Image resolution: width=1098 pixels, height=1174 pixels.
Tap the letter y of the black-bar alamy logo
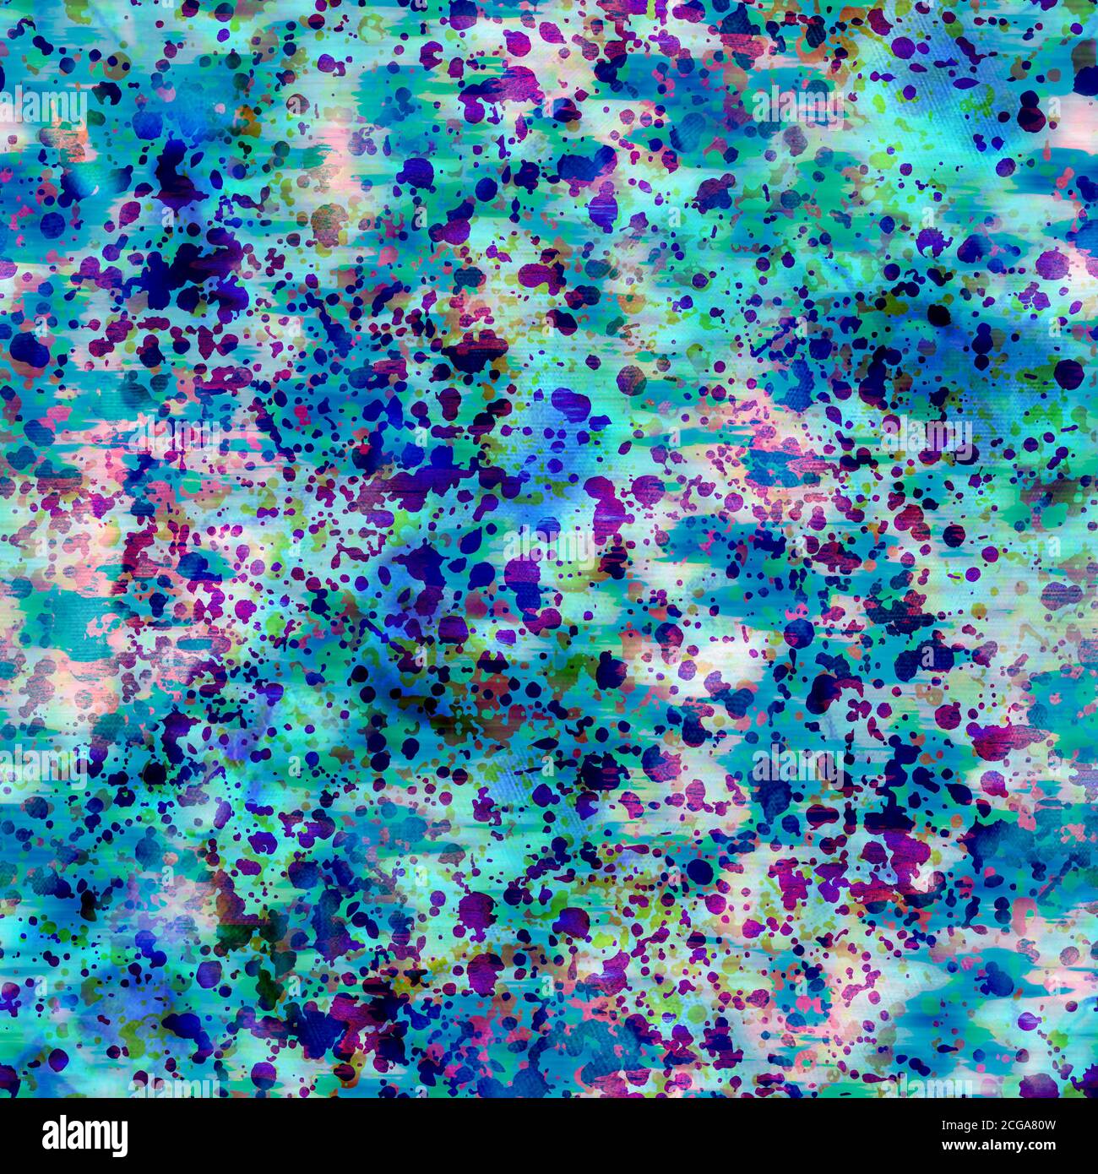tap(117, 1138)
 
